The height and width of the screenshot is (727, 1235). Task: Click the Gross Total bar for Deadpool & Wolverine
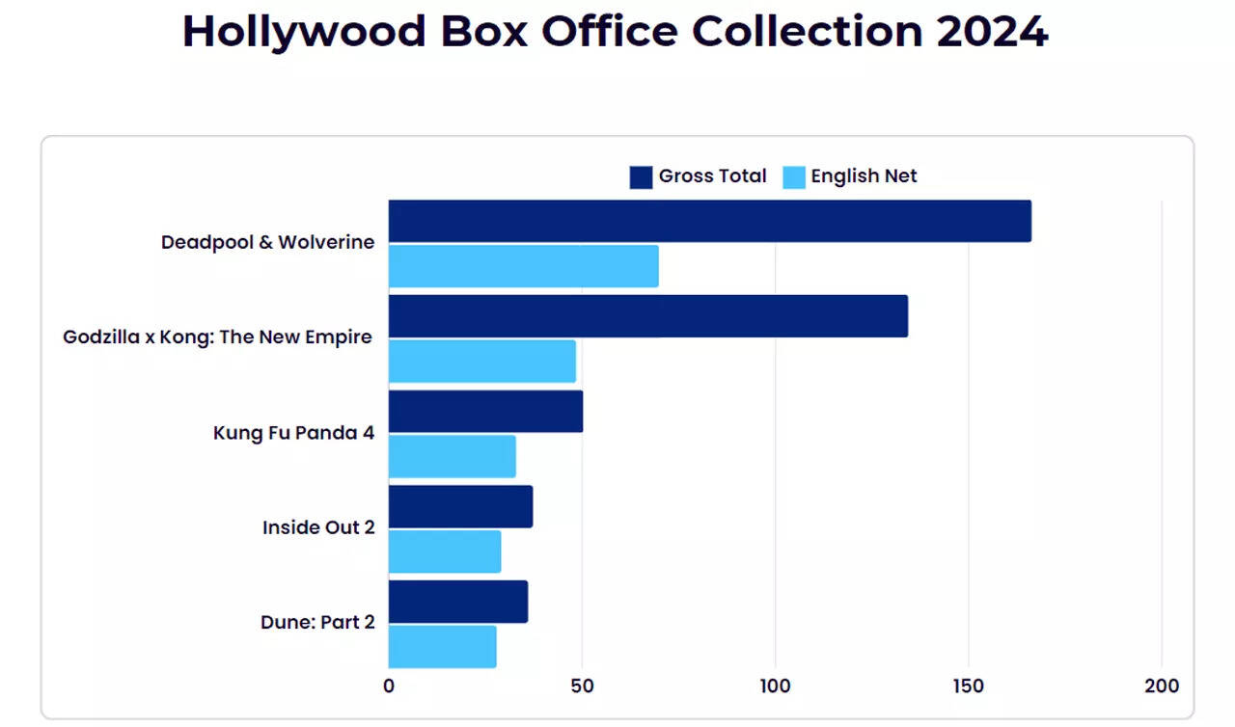click(709, 221)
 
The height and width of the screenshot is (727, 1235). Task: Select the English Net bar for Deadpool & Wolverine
click(523, 266)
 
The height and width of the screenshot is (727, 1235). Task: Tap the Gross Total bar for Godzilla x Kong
click(647, 316)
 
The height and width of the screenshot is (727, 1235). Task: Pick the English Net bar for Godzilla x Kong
click(481, 362)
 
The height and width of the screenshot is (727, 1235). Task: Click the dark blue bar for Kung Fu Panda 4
click(485, 412)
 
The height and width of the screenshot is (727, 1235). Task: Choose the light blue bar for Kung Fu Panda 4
click(452, 456)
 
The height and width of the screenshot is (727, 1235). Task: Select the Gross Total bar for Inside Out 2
click(460, 506)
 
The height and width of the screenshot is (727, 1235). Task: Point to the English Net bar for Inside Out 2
click(445, 552)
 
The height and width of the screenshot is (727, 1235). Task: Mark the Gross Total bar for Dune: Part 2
click(457, 602)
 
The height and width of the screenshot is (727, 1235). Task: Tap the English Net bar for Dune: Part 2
click(442, 647)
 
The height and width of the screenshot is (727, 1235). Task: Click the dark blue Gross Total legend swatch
click(641, 177)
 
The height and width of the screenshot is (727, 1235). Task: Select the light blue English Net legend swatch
click(793, 177)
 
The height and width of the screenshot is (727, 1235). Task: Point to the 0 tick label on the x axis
click(389, 687)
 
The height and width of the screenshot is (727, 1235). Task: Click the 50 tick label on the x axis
click(582, 687)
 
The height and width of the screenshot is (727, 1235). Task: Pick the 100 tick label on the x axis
click(775, 687)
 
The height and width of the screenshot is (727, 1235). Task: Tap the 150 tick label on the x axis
click(969, 687)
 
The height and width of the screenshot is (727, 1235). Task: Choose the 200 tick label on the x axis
click(1162, 687)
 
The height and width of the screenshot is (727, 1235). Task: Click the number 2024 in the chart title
click(992, 31)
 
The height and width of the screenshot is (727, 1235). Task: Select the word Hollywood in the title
click(304, 33)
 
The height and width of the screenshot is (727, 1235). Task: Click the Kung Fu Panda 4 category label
click(293, 433)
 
